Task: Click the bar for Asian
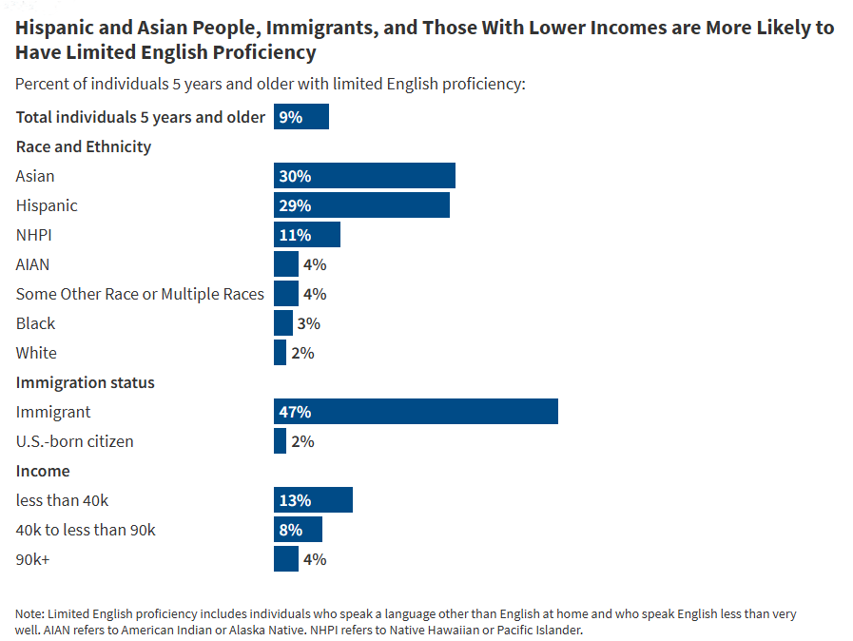pyautogui.click(x=364, y=176)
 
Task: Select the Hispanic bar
pyautogui.click(x=361, y=205)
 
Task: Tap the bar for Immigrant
pyautogui.click(x=416, y=412)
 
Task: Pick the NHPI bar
pyautogui.click(x=306, y=235)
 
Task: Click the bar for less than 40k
pyautogui.click(x=313, y=500)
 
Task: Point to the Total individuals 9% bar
pyautogui.click(x=300, y=117)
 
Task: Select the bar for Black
pyautogui.click(x=282, y=323)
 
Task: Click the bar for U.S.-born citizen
pyautogui.click(x=280, y=441)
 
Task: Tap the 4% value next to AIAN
pyautogui.click(x=314, y=264)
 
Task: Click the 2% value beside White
pyautogui.click(x=302, y=353)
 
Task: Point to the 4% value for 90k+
pyautogui.click(x=314, y=559)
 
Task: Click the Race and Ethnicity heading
pyautogui.click(x=84, y=146)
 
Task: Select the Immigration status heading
pyautogui.click(x=85, y=382)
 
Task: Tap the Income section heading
pyautogui.click(x=43, y=471)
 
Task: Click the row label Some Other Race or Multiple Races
pyautogui.click(x=140, y=294)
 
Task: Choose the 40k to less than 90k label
pyautogui.click(x=86, y=530)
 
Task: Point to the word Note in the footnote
pyautogui.click(x=29, y=613)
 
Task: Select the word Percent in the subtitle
pyautogui.click(x=42, y=84)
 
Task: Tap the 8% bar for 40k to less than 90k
pyautogui.click(x=298, y=530)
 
